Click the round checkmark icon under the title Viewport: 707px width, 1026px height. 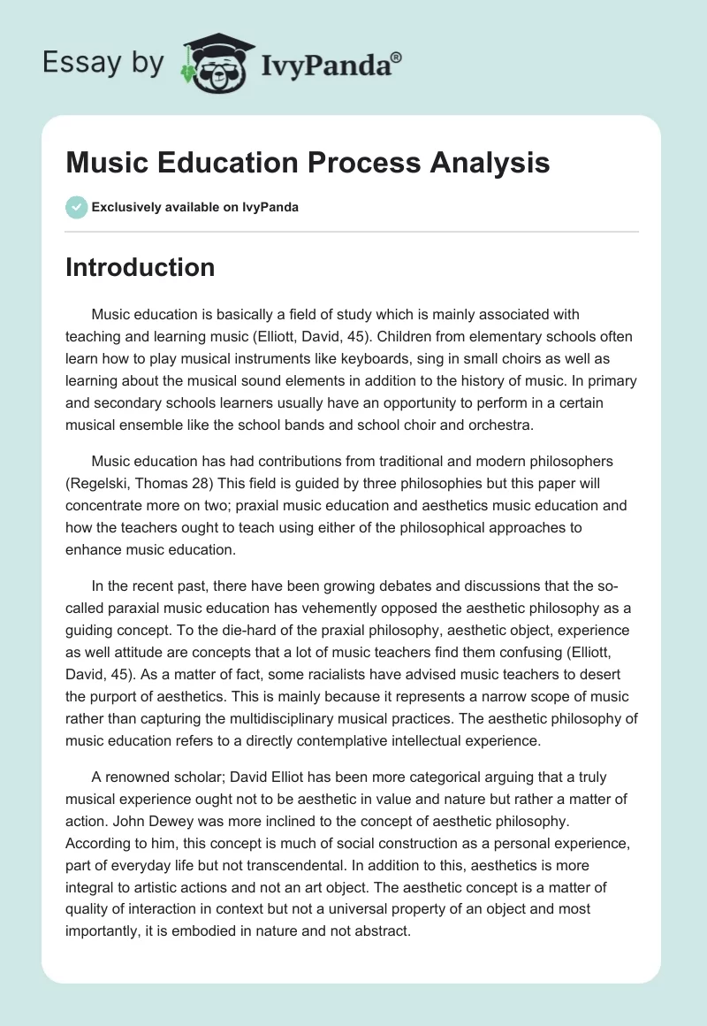point(76,207)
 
